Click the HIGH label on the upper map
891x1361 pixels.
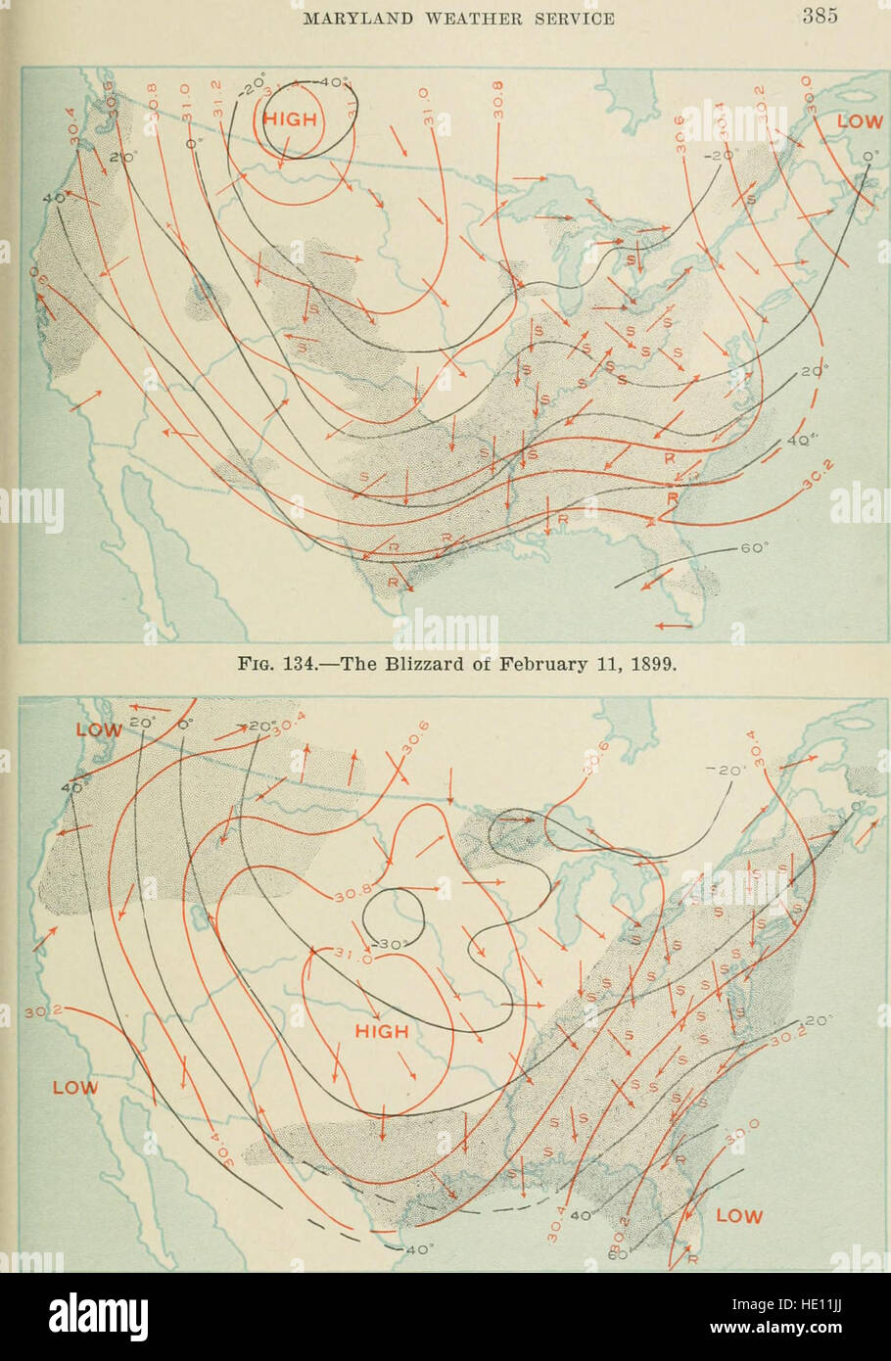[x=291, y=119]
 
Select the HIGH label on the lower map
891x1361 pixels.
[x=382, y=1031]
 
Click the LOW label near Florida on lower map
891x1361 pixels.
[x=739, y=1216]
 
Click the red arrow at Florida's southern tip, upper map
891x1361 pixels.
[x=674, y=625]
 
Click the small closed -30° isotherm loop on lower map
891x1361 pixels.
[x=392, y=919]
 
